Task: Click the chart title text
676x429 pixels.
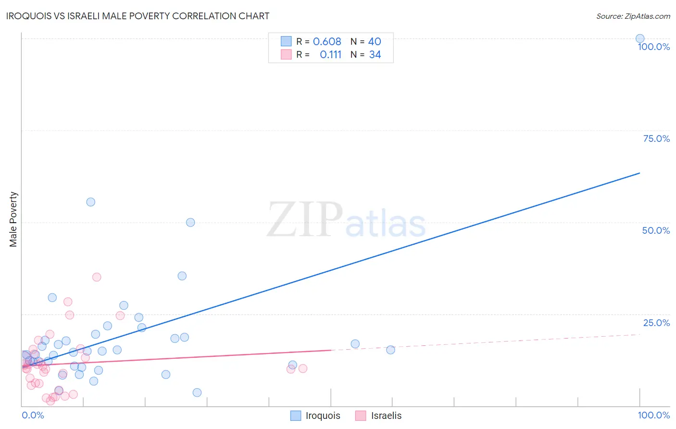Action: point(138,16)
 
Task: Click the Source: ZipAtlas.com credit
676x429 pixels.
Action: point(633,16)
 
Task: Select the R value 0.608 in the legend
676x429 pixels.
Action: point(327,41)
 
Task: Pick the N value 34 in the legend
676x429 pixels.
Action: point(375,55)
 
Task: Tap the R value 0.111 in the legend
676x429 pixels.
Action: point(330,55)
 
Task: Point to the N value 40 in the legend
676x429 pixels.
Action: point(375,41)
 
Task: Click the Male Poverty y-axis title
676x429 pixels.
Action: point(13,219)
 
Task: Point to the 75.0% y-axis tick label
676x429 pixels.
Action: point(656,139)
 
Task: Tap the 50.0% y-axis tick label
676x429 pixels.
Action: point(656,230)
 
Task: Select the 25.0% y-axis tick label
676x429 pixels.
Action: point(656,323)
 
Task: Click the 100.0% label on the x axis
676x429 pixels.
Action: point(653,415)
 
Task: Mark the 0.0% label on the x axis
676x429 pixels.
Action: point(33,415)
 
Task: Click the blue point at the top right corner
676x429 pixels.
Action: point(640,38)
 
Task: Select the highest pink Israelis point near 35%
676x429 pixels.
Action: point(97,277)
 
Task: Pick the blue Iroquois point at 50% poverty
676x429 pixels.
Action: point(190,222)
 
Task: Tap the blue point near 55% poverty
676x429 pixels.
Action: point(90,202)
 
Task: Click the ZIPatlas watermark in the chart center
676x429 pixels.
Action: point(346,220)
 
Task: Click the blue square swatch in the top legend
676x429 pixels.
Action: point(286,41)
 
